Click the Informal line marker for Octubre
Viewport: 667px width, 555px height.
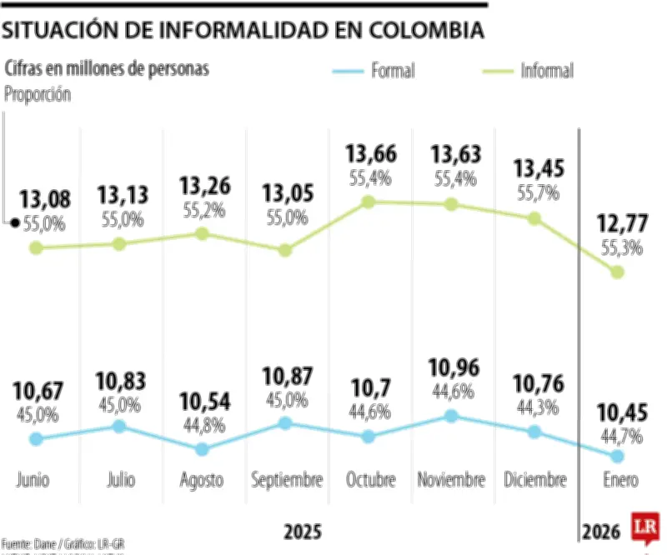click(369, 202)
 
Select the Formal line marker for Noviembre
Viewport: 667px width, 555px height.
click(451, 416)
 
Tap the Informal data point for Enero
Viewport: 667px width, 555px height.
click(618, 272)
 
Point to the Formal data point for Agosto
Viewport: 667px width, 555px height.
click(202, 448)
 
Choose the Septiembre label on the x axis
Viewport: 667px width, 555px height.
click(287, 481)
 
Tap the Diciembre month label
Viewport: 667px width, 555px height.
click(535, 481)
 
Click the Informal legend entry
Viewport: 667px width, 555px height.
click(547, 71)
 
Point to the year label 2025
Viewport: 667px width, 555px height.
click(301, 531)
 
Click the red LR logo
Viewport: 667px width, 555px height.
click(646, 528)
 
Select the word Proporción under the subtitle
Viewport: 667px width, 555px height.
click(38, 94)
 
